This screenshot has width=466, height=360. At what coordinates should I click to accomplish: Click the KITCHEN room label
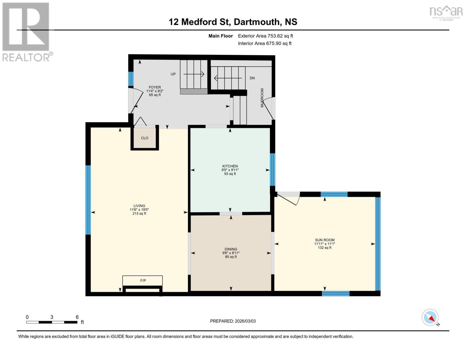tap(230, 166)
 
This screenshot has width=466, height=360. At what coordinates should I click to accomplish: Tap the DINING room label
tap(231, 249)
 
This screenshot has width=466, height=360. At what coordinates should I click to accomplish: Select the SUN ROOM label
tap(324, 240)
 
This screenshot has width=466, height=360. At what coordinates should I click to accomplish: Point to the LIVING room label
tap(139, 206)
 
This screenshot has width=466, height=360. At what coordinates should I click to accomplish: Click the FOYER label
tap(155, 87)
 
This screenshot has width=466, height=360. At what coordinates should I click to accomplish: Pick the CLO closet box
tap(145, 138)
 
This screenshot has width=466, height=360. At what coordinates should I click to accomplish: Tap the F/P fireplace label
tap(143, 281)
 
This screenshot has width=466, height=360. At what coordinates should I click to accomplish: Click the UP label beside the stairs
tap(173, 74)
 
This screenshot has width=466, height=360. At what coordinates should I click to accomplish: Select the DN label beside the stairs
tap(252, 78)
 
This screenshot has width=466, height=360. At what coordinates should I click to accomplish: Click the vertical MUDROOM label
tap(262, 98)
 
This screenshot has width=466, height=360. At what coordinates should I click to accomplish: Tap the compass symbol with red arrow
tap(430, 317)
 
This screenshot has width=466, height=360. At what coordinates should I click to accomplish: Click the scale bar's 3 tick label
tap(52, 317)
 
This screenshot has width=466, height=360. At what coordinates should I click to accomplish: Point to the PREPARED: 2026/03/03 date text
tap(233, 321)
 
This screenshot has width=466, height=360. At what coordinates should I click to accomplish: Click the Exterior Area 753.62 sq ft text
tap(265, 36)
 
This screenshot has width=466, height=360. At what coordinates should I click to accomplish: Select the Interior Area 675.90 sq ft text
tap(265, 43)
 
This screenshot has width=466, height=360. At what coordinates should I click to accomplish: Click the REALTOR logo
tap(26, 32)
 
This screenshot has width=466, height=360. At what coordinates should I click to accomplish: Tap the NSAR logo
tap(446, 12)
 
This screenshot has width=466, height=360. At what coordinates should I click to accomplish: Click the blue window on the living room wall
tap(88, 200)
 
